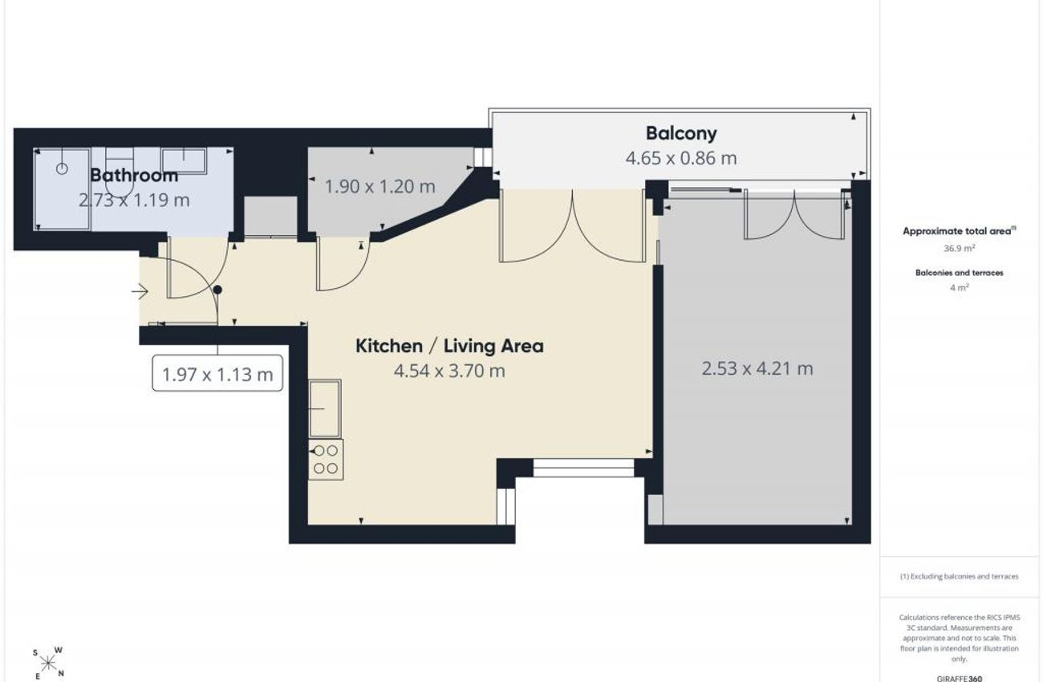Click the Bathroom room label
134,176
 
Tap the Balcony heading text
681,134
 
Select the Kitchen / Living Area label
449,346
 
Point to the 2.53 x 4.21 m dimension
757,369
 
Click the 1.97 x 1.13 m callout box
217,373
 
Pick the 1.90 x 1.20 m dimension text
380,187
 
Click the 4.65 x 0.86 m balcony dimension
681,158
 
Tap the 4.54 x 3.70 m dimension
449,371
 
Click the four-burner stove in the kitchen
326,459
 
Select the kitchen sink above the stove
325,408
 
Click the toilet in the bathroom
120,173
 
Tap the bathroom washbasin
184,160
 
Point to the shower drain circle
62,168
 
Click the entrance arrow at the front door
140,292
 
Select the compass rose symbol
48,663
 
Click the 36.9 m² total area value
960,248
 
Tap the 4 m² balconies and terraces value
960,288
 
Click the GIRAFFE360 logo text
960,678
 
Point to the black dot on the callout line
217,290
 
